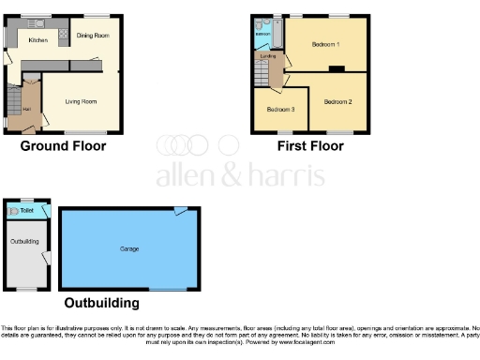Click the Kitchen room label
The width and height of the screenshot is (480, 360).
37,40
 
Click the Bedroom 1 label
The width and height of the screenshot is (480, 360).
324,44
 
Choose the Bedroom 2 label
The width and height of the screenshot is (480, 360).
337,101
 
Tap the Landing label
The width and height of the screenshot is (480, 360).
267,57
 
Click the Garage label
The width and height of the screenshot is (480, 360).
129,248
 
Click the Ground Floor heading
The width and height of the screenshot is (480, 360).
63,146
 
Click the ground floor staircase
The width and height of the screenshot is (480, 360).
13,98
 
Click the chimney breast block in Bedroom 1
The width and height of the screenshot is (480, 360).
335,68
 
